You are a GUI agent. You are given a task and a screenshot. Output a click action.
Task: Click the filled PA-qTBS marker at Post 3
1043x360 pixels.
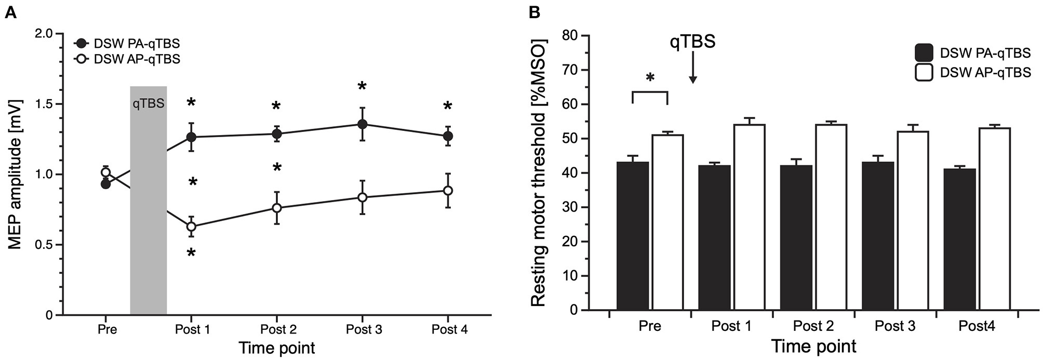point(362,124)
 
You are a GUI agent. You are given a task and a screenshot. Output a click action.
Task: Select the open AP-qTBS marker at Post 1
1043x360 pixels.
point(191,226)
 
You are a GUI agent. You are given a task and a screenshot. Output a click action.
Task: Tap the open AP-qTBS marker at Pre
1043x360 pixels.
point(106,172)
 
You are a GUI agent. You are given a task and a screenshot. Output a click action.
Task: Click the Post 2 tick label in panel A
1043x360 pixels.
point(278,330)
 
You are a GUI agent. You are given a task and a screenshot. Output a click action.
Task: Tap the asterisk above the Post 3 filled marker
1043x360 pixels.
point(362,86)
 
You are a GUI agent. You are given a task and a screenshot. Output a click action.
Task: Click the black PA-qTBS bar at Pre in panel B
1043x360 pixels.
point(633,236)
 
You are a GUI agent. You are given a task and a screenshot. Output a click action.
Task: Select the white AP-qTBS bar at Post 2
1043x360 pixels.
point(831,217)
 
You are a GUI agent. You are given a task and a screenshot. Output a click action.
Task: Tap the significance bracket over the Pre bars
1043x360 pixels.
point(650,92)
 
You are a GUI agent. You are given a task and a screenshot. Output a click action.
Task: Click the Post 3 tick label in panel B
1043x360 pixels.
point(895,326)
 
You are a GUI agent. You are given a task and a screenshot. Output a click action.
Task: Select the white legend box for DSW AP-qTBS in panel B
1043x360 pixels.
point(924,73)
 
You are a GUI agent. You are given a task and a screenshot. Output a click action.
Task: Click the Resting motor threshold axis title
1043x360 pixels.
point(539,172)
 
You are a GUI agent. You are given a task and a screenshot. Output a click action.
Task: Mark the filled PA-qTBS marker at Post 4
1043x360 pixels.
point(447,136)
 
